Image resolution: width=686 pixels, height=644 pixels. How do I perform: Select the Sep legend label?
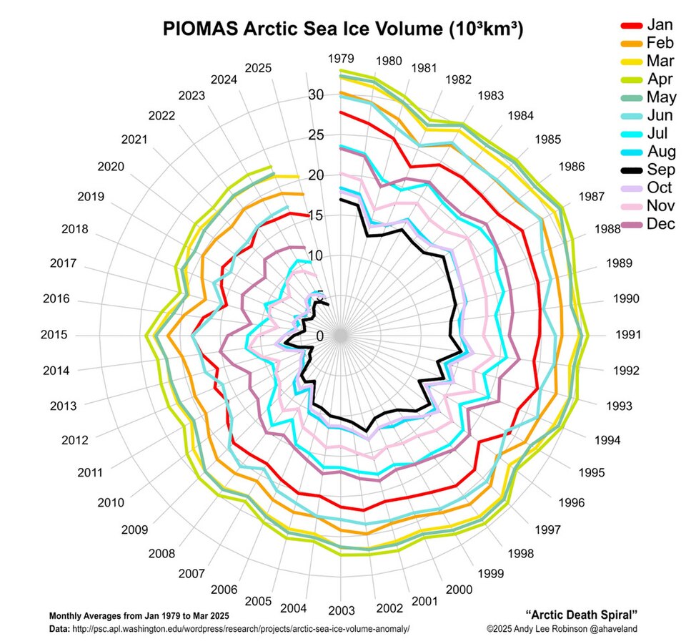(x=660, y=170)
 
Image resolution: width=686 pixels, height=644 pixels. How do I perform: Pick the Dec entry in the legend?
(x=660, y=224)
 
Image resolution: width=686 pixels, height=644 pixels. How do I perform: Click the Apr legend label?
(x=659, y=79)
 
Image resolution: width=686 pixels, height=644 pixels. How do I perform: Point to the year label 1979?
(x=341, y=58)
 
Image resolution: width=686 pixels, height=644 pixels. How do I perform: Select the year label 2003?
(x=342, y=610)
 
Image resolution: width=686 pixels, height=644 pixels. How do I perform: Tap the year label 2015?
(x=54, y=334)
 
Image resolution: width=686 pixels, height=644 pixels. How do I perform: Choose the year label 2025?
(x=258, y=68)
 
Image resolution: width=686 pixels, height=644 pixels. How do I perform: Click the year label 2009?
(x=134, y=530)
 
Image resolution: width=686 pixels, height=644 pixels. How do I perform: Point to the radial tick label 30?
(x=317, y=94)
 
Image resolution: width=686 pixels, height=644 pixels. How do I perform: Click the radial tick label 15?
(x=317, y=215)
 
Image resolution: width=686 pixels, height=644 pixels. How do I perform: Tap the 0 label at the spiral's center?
(x=320, y=336)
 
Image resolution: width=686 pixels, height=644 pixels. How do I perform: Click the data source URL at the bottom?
(x=239, y=628)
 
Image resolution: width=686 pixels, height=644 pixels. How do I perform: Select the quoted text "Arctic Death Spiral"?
(x=581, y=615)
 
